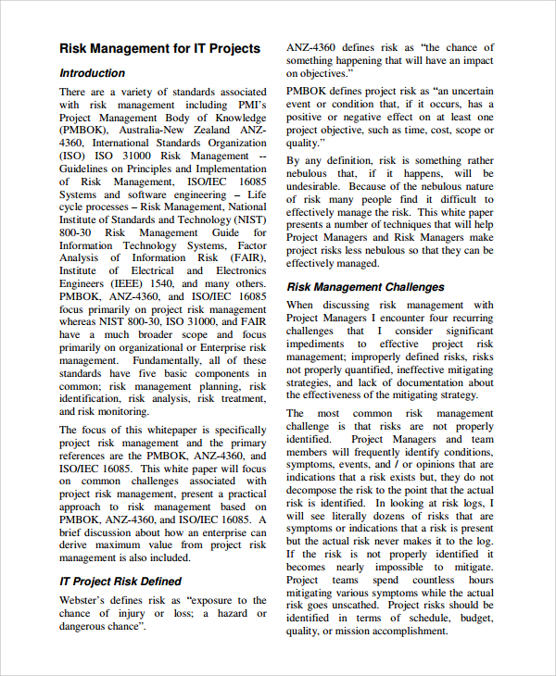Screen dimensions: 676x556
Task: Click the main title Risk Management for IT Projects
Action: pyautogui.click(x=160, y=48)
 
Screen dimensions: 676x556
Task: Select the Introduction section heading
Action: pyautogui.click(x=92, y=73)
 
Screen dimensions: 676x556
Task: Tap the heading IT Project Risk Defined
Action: pyautogui.click(x=120, y=582)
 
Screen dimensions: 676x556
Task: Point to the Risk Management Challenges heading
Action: pyautogui.click(x=365, y=287)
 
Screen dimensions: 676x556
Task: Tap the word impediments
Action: pyautogui.click(x=320, y=344)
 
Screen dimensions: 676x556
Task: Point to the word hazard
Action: pyautogui.click(x=232, y=613)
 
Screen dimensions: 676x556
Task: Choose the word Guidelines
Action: pyautogui.click(x=89, y=169)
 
